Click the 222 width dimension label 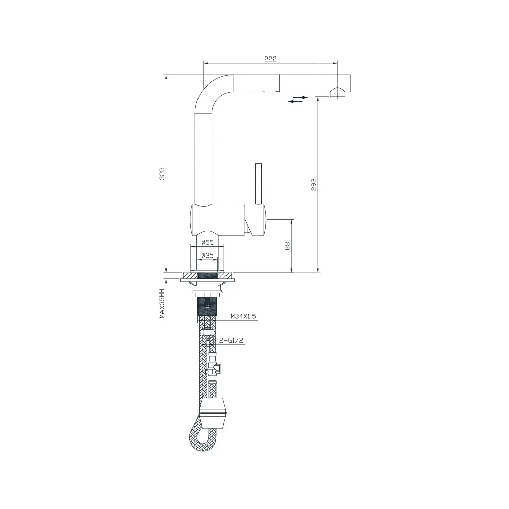pyautogui.click(x=270, y=59)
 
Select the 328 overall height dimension pyautogui.click(x=162, y=174)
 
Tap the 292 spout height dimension pyautogui.click(x=314, y=184)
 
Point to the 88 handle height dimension pyautogui.click(x=287, y=246)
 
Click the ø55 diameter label pyautogui.click(x=208, y=242)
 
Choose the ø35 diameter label pyautogui.click(x=208, y=256)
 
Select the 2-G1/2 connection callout pyautogui.click(x=232, y=340)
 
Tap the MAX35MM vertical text pyautogui.click(x=162, y=303)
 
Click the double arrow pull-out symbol pyautogui.click(x=298, y=99)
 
